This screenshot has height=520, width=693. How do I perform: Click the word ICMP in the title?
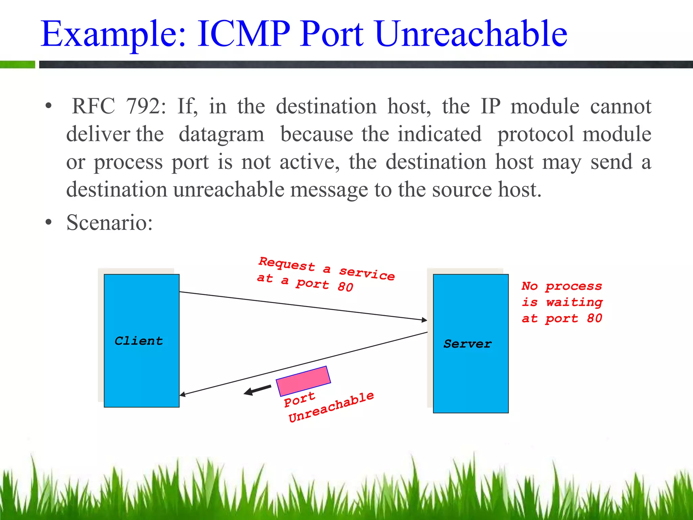tap(243, 34)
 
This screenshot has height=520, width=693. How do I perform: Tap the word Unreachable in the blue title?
tap(471, 34)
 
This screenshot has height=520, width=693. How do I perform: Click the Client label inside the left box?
tap(139, 341)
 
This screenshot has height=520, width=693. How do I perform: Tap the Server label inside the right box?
tap(468, 344)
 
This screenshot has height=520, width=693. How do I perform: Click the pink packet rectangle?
tap(303, 381)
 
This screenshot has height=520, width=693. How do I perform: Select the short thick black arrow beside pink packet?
tap(258, 390)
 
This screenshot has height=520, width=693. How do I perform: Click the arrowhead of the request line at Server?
tap(424, 320)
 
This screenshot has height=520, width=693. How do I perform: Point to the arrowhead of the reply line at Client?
tap(182, 394)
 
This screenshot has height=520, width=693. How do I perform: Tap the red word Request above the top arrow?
tap(287, 264)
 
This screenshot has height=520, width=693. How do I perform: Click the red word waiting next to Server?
tap(574, 302)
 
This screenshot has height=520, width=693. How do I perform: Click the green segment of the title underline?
tap(18, 64)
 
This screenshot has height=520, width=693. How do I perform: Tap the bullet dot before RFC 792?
tap(49, 106)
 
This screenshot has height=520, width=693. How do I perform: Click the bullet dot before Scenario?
tap(49, 223)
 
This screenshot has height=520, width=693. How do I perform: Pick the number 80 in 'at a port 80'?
tap(345, 287)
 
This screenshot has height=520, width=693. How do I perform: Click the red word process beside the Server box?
tap(574, 286)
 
